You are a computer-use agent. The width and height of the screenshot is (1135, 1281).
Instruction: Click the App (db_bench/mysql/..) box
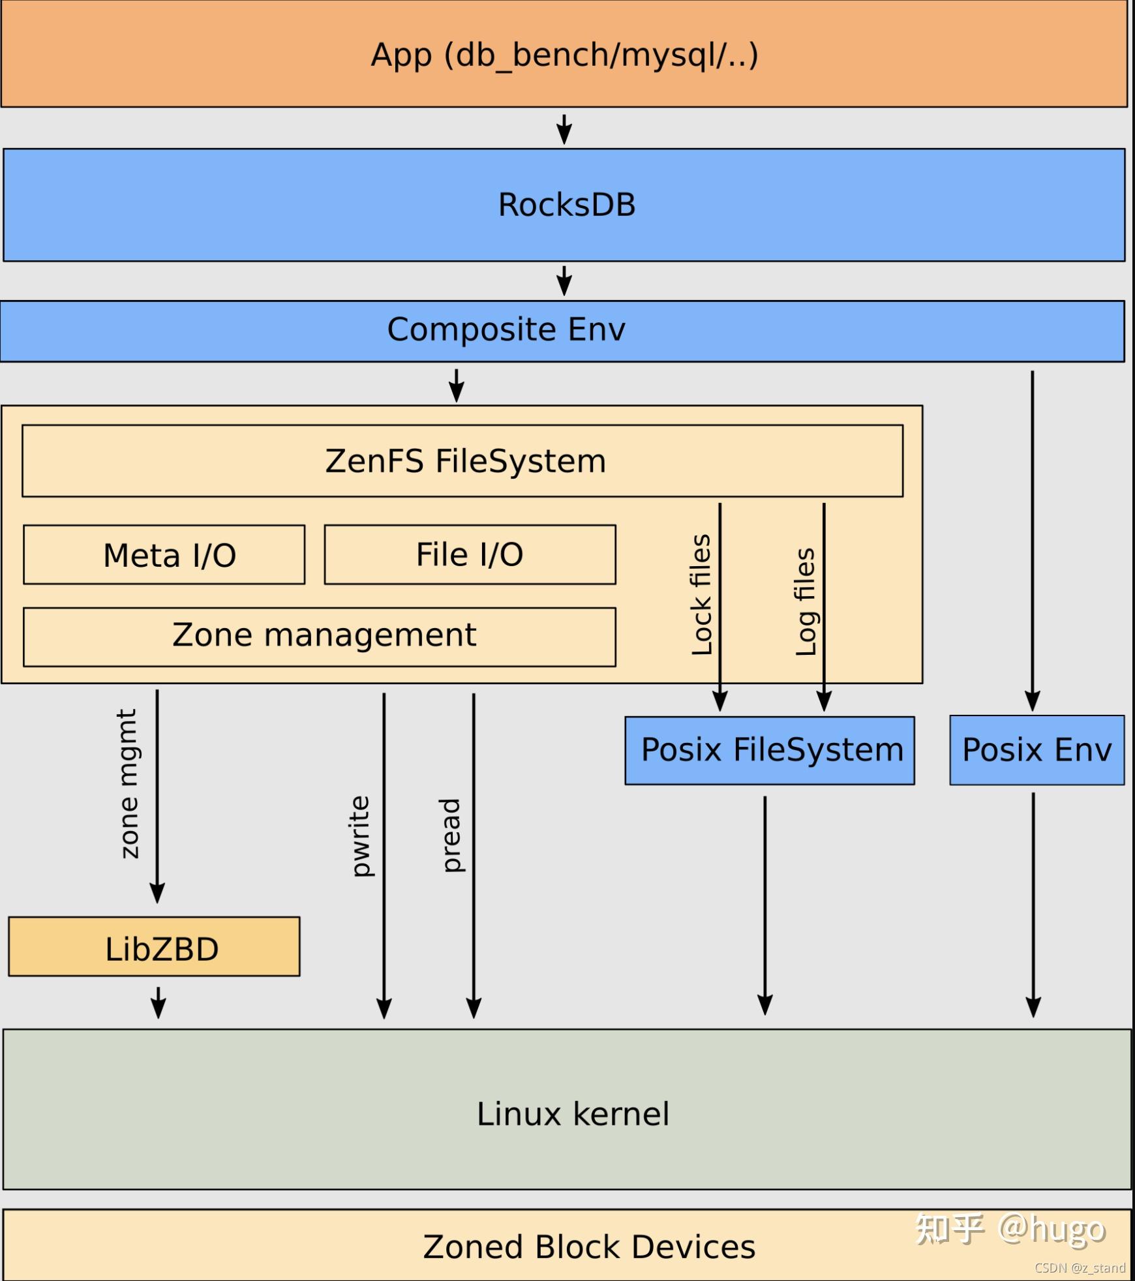(564, 54)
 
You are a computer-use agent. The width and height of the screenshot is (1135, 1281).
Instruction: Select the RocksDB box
(564, 205)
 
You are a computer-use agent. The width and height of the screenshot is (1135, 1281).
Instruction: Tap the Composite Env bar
(506, 330)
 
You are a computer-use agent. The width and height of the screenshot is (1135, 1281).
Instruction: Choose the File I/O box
(470, 555)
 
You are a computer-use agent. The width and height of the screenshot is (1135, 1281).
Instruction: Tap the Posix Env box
(1037, 750)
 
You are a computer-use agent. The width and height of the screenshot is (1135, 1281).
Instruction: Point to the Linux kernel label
(573, 1114)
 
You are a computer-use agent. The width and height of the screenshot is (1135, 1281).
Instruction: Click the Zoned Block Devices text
(588, 1246)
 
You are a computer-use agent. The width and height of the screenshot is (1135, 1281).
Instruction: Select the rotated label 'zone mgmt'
(129, 783)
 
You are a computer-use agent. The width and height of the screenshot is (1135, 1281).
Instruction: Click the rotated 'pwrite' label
(360, 836)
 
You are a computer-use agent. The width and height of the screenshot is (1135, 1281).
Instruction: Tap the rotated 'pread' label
(451, 836)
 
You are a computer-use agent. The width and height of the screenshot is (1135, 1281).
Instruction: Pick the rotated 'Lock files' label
(701, 594)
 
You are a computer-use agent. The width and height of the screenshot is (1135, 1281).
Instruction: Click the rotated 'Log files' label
(806, 601)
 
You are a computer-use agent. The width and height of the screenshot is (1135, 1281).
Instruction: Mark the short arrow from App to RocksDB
(564, 129)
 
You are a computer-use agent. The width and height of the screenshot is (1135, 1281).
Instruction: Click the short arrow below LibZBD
(159, 1002)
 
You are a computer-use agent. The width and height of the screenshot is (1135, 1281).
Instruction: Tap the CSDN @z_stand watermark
(1080, 1268)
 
